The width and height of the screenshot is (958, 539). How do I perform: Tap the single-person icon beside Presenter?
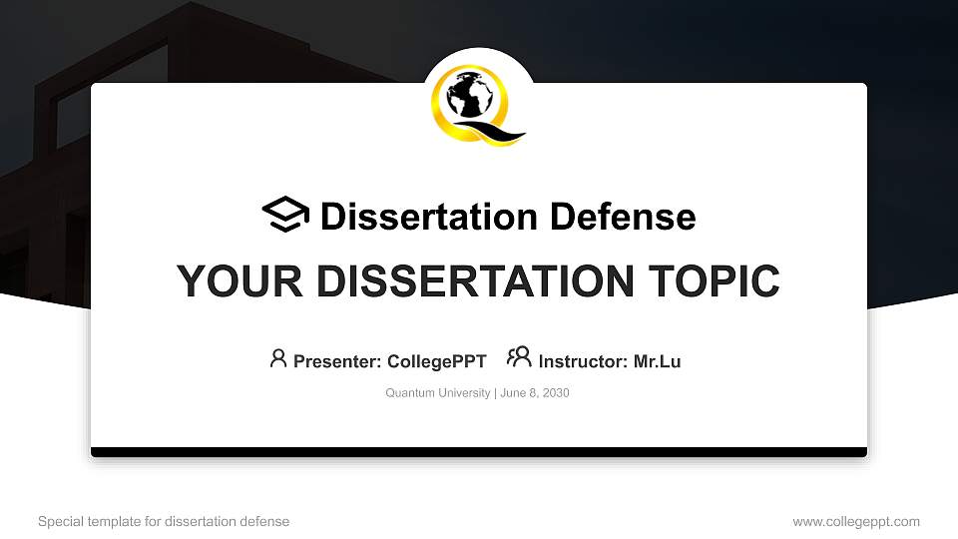coord(278,358)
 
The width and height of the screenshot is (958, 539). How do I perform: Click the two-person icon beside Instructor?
coord(519,357)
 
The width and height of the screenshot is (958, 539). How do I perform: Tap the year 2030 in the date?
coord(555,393)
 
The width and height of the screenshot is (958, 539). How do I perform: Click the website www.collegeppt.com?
coord(856,521)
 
